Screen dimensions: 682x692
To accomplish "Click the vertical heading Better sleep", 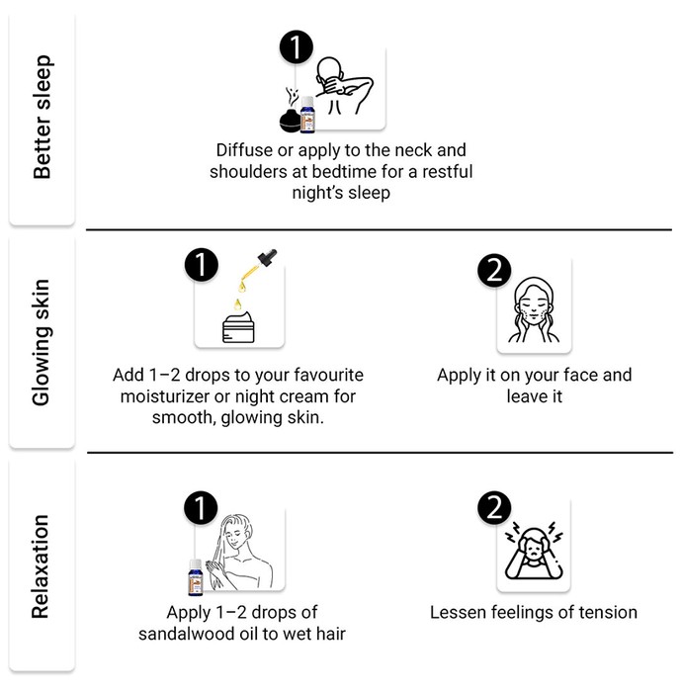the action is tap(43, 117).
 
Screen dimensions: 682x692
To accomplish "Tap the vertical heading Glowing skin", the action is tap(42, 342).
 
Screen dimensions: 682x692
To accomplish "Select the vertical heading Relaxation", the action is tap(41, 566).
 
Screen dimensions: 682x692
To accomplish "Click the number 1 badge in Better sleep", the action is tap(296, 46).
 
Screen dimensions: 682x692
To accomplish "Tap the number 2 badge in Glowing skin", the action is tap(494, 270).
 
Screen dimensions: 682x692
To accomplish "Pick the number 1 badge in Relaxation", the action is tap(201, 507).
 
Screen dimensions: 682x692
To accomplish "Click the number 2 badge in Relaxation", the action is tap(494, 507).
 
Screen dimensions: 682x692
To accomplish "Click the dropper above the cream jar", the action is tap(258, 269).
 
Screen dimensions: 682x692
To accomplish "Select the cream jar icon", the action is tap(238, 327).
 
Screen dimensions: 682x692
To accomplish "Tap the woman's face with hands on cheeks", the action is tap(534, 309).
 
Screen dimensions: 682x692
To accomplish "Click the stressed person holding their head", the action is tap(534, 551).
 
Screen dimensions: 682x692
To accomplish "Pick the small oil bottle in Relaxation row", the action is tap(195, 577).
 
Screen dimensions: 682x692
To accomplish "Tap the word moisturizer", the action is tap(164, 396).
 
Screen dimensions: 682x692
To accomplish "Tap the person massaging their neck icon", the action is tap(345, 86).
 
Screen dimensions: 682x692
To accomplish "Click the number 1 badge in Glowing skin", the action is tap(202, 265).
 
